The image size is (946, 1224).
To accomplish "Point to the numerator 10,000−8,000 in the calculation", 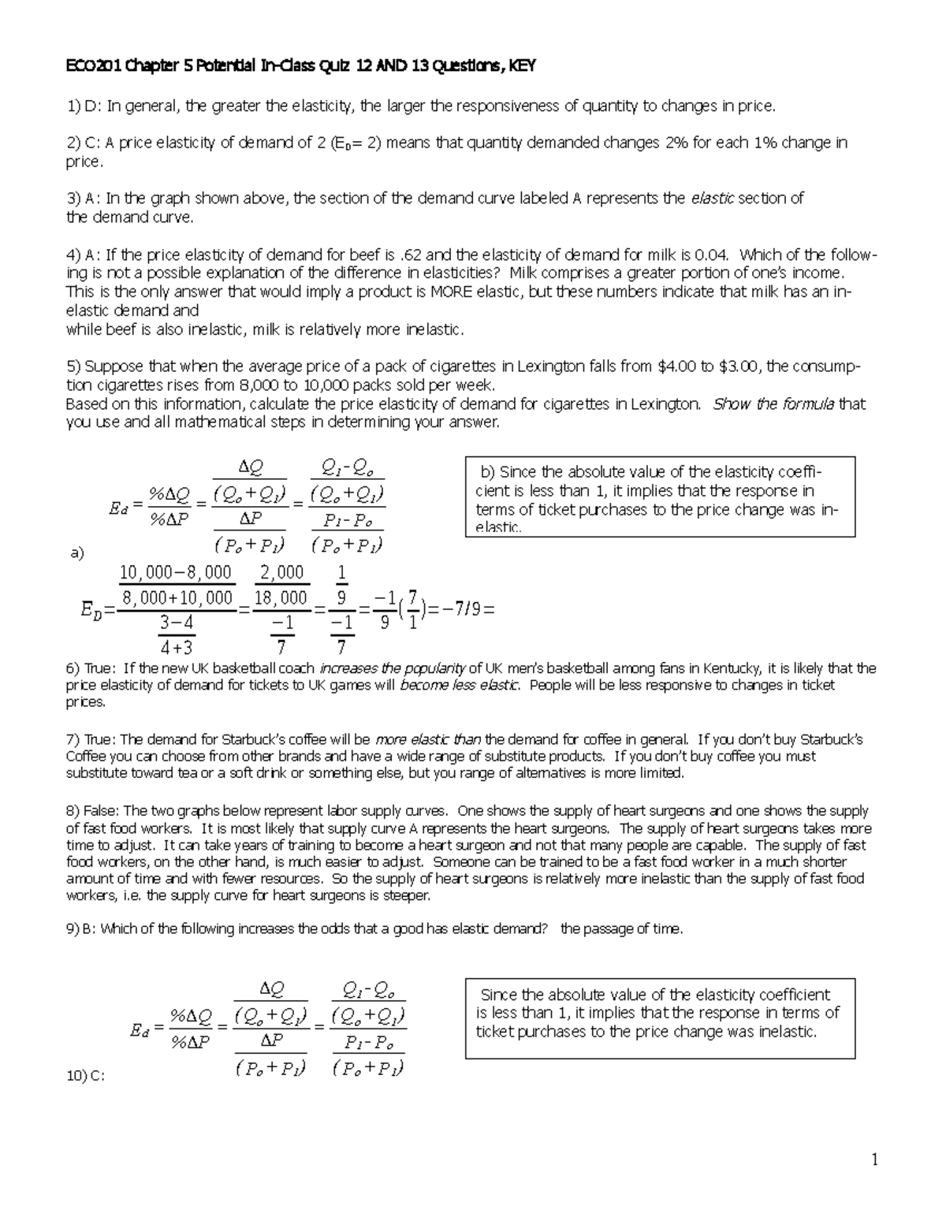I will (x=175, y=572).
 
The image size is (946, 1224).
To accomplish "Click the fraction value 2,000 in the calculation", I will (x=281, y=572).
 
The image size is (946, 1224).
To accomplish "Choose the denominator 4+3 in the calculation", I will (x=176, y=648).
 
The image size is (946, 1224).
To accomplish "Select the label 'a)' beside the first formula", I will (x=77, y=553).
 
